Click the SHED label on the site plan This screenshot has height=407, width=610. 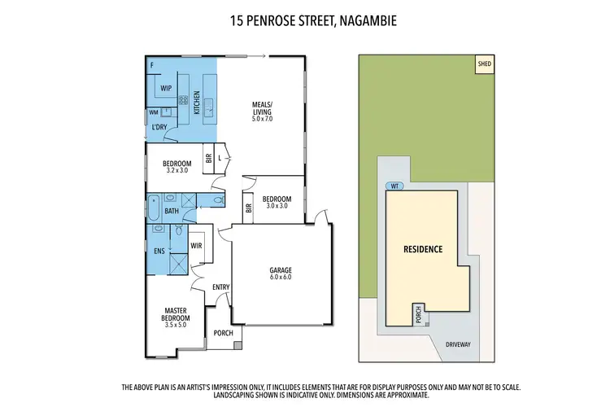(x=486, y=63)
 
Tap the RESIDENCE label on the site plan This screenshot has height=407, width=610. (x=424, y=249)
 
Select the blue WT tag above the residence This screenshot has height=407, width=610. (x=395, y=186)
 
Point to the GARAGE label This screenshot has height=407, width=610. (x=281, y=270)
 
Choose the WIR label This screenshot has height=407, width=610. (x=196, y=244)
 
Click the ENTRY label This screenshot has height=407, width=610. (x=221, y=287)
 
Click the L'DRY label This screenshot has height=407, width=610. (x=159, y=129)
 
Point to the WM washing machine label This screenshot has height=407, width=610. (x=153, y=112)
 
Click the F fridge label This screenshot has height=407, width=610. (x=151, y=63)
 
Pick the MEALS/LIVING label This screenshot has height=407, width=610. (x=261, y=107)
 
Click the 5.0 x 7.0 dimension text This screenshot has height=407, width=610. (x=262, y=120)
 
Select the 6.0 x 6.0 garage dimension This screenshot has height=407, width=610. (x=281, y=278)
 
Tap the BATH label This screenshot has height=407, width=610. (x=172, y=212)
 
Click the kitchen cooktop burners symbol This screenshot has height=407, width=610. (x=184, y=102)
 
